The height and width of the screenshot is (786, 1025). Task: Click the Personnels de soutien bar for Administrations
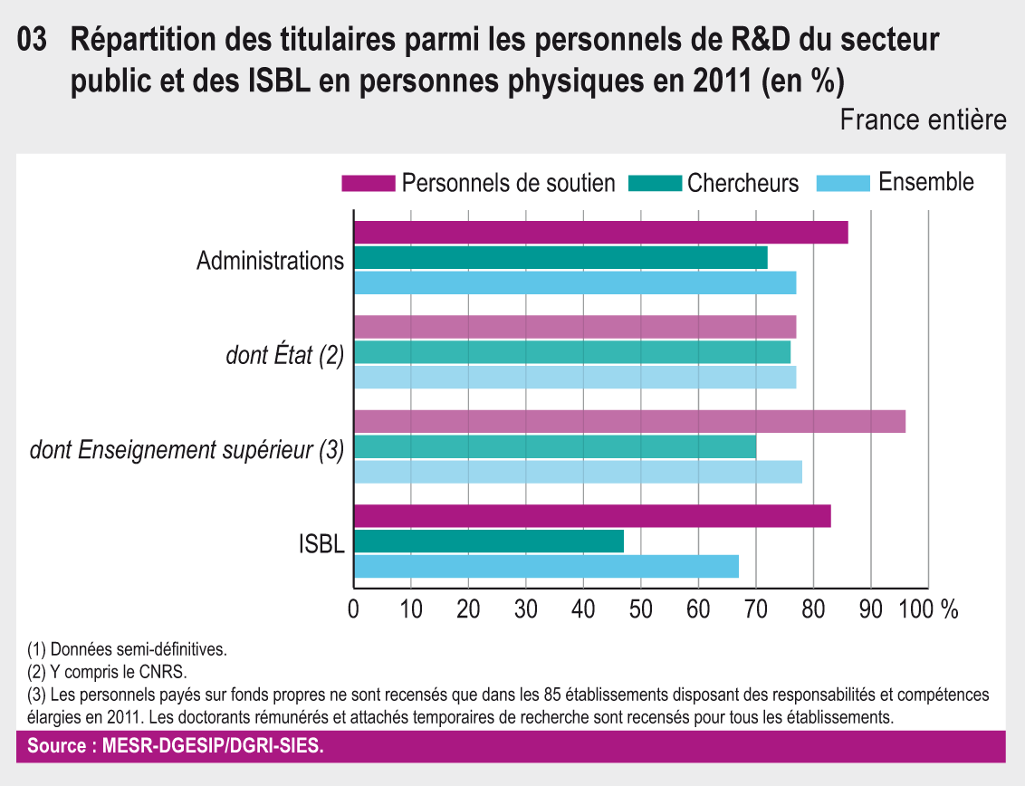pos(600,233)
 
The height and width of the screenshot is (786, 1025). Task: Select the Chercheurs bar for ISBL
pos(488,542)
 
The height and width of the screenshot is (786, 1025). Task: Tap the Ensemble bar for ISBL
pos(546,566)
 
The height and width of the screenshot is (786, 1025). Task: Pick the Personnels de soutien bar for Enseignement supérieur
pos(629,421)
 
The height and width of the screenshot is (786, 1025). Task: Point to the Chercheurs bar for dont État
pos(571,351)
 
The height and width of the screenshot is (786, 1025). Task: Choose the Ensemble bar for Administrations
pos(574,283)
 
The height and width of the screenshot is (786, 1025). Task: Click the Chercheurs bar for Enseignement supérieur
pos(554,446)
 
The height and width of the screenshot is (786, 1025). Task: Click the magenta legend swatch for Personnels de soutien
pos(368,183)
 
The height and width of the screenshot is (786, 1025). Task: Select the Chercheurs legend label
pos(742,183)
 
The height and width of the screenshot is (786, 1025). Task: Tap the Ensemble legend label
pos(926,182)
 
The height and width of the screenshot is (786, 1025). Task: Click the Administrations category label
pos(270,262)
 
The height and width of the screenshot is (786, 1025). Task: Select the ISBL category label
pos(321,545)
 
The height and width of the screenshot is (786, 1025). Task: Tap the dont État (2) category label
pos(284,356)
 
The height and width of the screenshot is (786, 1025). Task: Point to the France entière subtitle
pos(923,120)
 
